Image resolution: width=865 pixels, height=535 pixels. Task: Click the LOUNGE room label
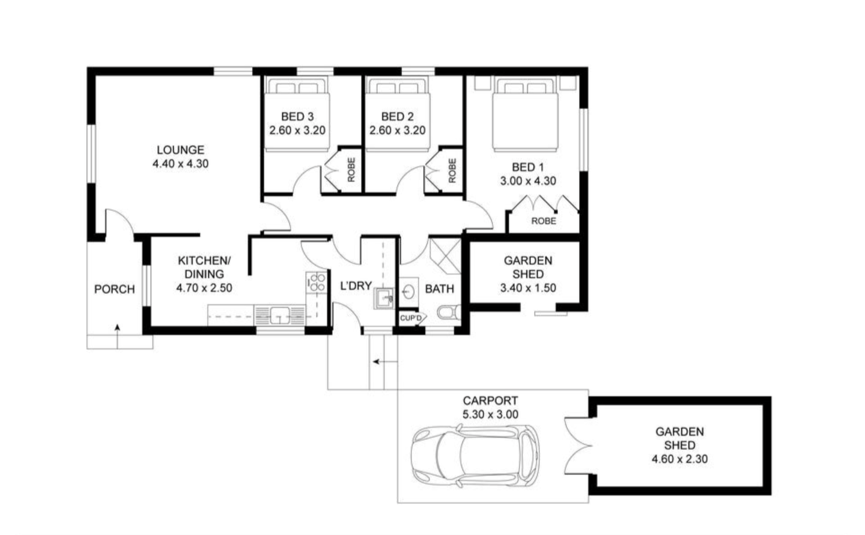point(180,150)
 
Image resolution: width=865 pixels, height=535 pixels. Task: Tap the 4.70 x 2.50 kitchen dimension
point(204,288)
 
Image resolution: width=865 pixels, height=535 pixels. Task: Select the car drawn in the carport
point(475,456)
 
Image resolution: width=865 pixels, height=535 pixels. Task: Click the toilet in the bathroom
point(449,312)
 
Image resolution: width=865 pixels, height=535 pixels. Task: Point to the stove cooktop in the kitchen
point(317,282)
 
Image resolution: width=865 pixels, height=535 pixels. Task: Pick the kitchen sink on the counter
point(279,315)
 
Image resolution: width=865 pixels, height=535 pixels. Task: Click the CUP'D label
point(411,318)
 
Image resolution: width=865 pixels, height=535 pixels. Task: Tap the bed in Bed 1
point(526,114)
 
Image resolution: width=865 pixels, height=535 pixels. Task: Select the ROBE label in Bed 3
point(351,170)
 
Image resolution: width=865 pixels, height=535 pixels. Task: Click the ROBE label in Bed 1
point(544,221)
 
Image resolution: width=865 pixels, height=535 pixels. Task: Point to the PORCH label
point(114,289)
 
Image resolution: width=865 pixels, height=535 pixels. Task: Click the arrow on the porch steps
point(117,336)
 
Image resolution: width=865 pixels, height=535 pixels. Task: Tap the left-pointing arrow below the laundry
point(385,362)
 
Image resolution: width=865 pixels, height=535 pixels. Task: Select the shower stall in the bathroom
point(445,256)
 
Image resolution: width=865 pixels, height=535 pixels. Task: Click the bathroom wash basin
point(408,291)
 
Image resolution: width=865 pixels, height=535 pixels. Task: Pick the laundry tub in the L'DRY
point(383,298)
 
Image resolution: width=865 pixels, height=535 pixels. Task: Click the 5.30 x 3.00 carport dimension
point(490,414)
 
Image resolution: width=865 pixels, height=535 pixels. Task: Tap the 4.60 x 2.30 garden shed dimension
point(679,459)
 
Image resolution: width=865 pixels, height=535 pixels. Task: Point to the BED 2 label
point(398,117)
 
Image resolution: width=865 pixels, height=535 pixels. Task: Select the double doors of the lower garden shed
point(578,445)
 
